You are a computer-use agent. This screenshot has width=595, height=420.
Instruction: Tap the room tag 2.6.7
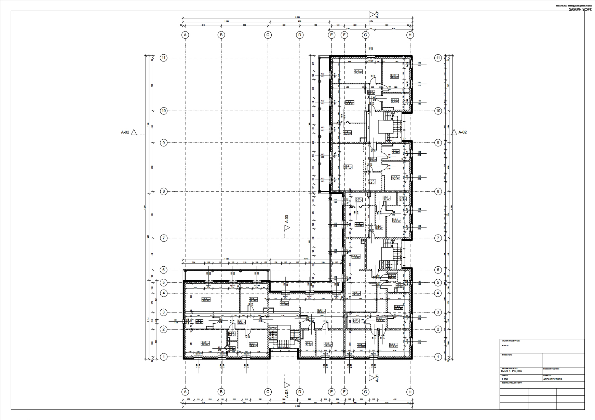[x=206, y=300]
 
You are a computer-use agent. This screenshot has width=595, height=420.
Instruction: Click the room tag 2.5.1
[x=321, y=311]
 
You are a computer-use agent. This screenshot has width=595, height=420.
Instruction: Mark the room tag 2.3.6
[x=359, y=225]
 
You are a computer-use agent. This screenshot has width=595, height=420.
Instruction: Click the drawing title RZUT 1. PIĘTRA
[x=511, y=371]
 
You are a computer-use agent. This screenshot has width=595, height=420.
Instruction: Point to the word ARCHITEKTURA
[x=552, y=379]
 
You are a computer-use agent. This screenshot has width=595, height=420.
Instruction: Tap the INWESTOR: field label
[x=506, y=355]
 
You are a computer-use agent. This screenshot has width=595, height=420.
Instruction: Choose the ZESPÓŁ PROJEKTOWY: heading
[x=512, y=383]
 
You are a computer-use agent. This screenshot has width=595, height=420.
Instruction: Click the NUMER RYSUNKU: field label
[x=551, y=368]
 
